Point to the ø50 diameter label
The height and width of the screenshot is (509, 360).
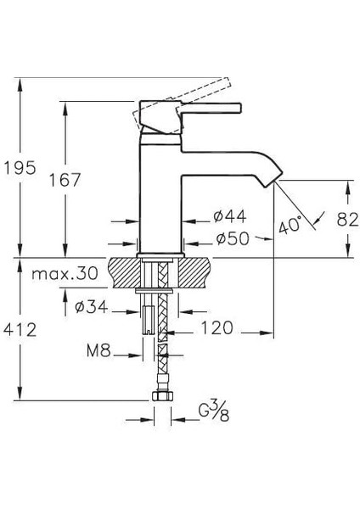231,240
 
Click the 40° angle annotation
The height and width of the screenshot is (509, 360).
290,226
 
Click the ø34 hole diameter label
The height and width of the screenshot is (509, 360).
91,308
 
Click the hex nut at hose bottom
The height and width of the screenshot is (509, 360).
161,396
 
